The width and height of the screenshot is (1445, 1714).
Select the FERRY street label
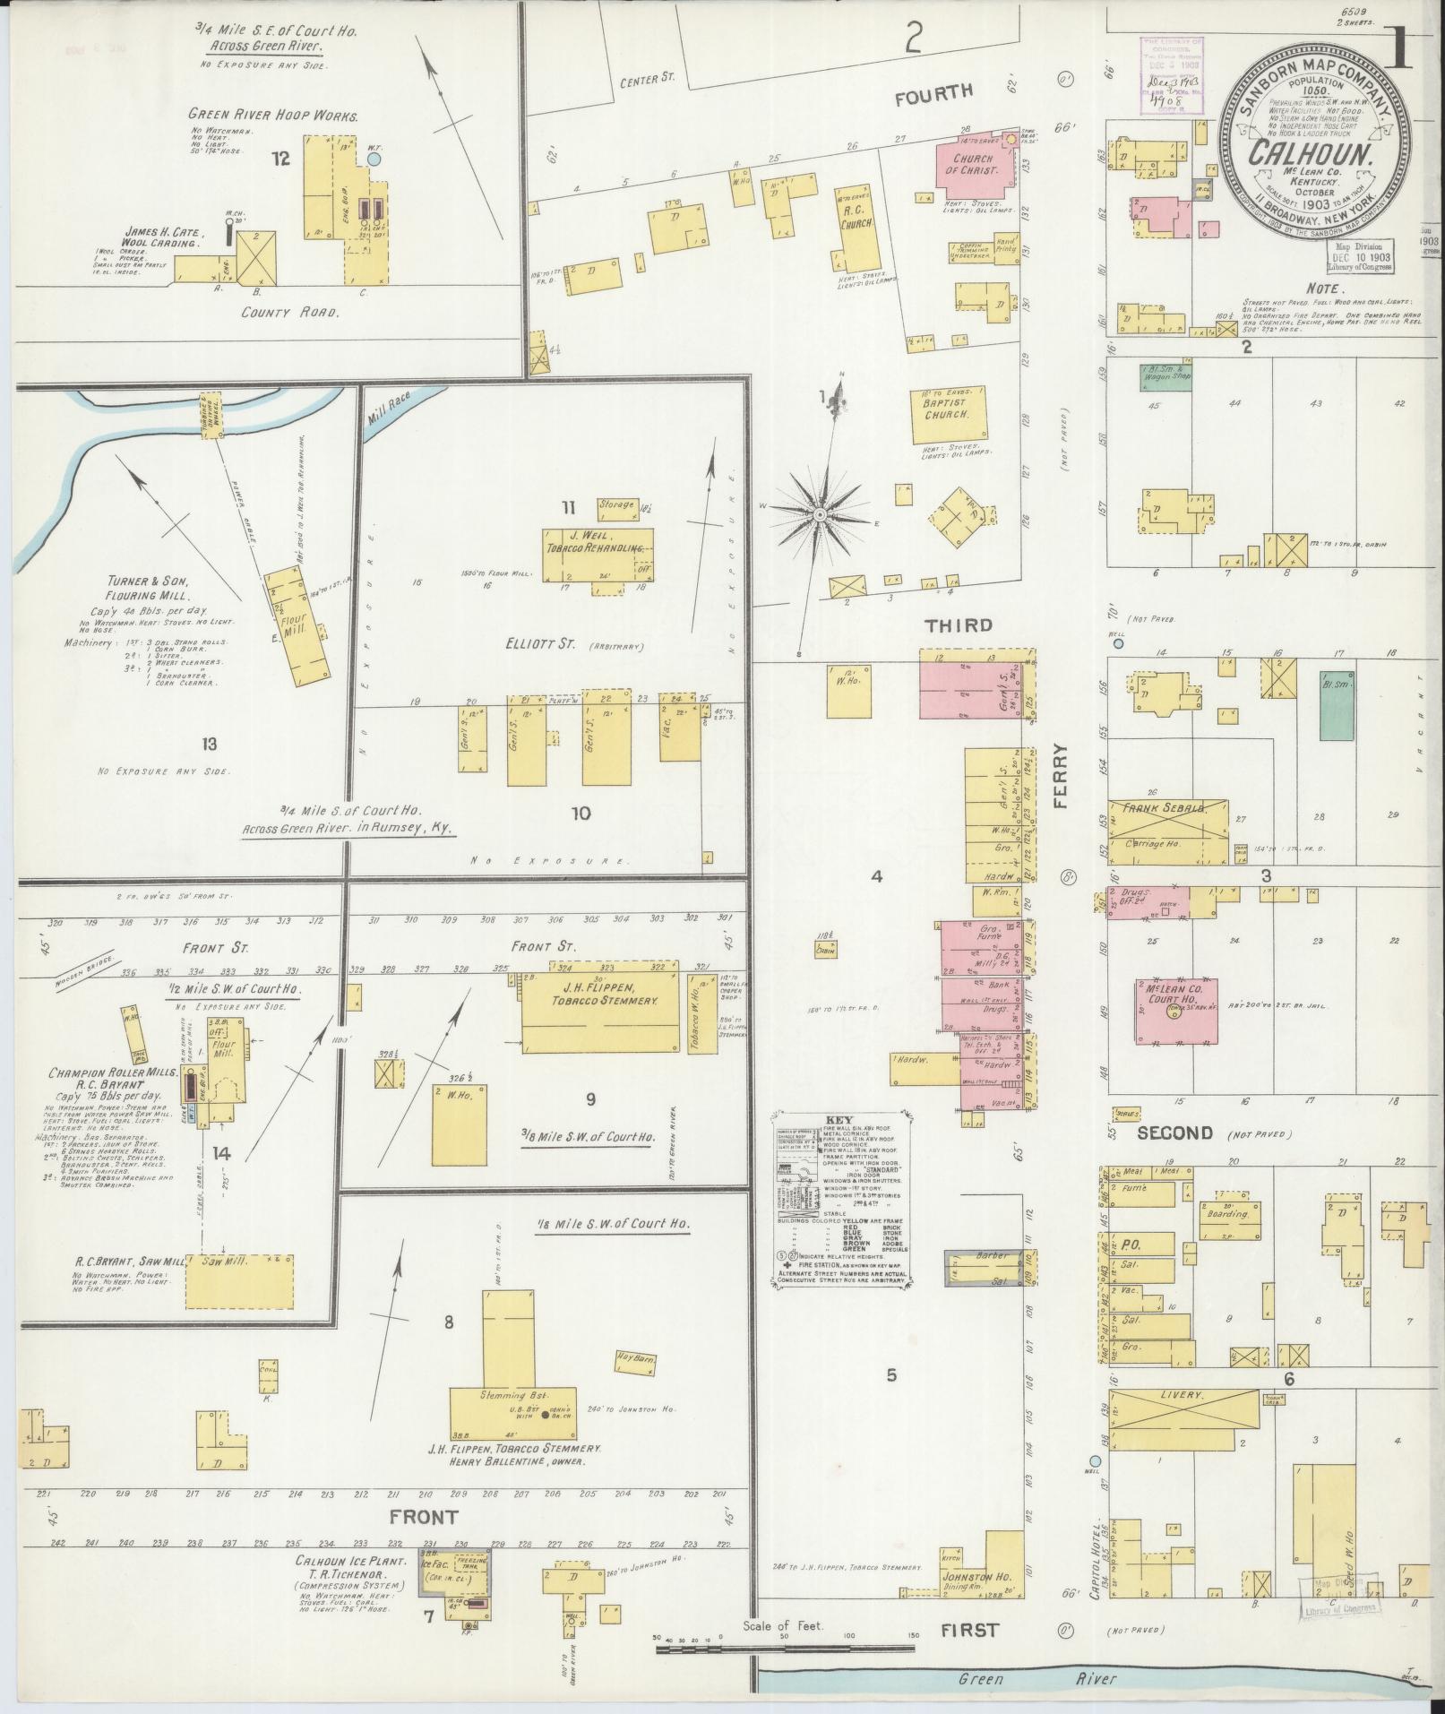(1062, 777)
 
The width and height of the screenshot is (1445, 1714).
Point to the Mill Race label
(387, 415)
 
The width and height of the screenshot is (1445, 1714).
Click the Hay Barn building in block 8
(636, 1364)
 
